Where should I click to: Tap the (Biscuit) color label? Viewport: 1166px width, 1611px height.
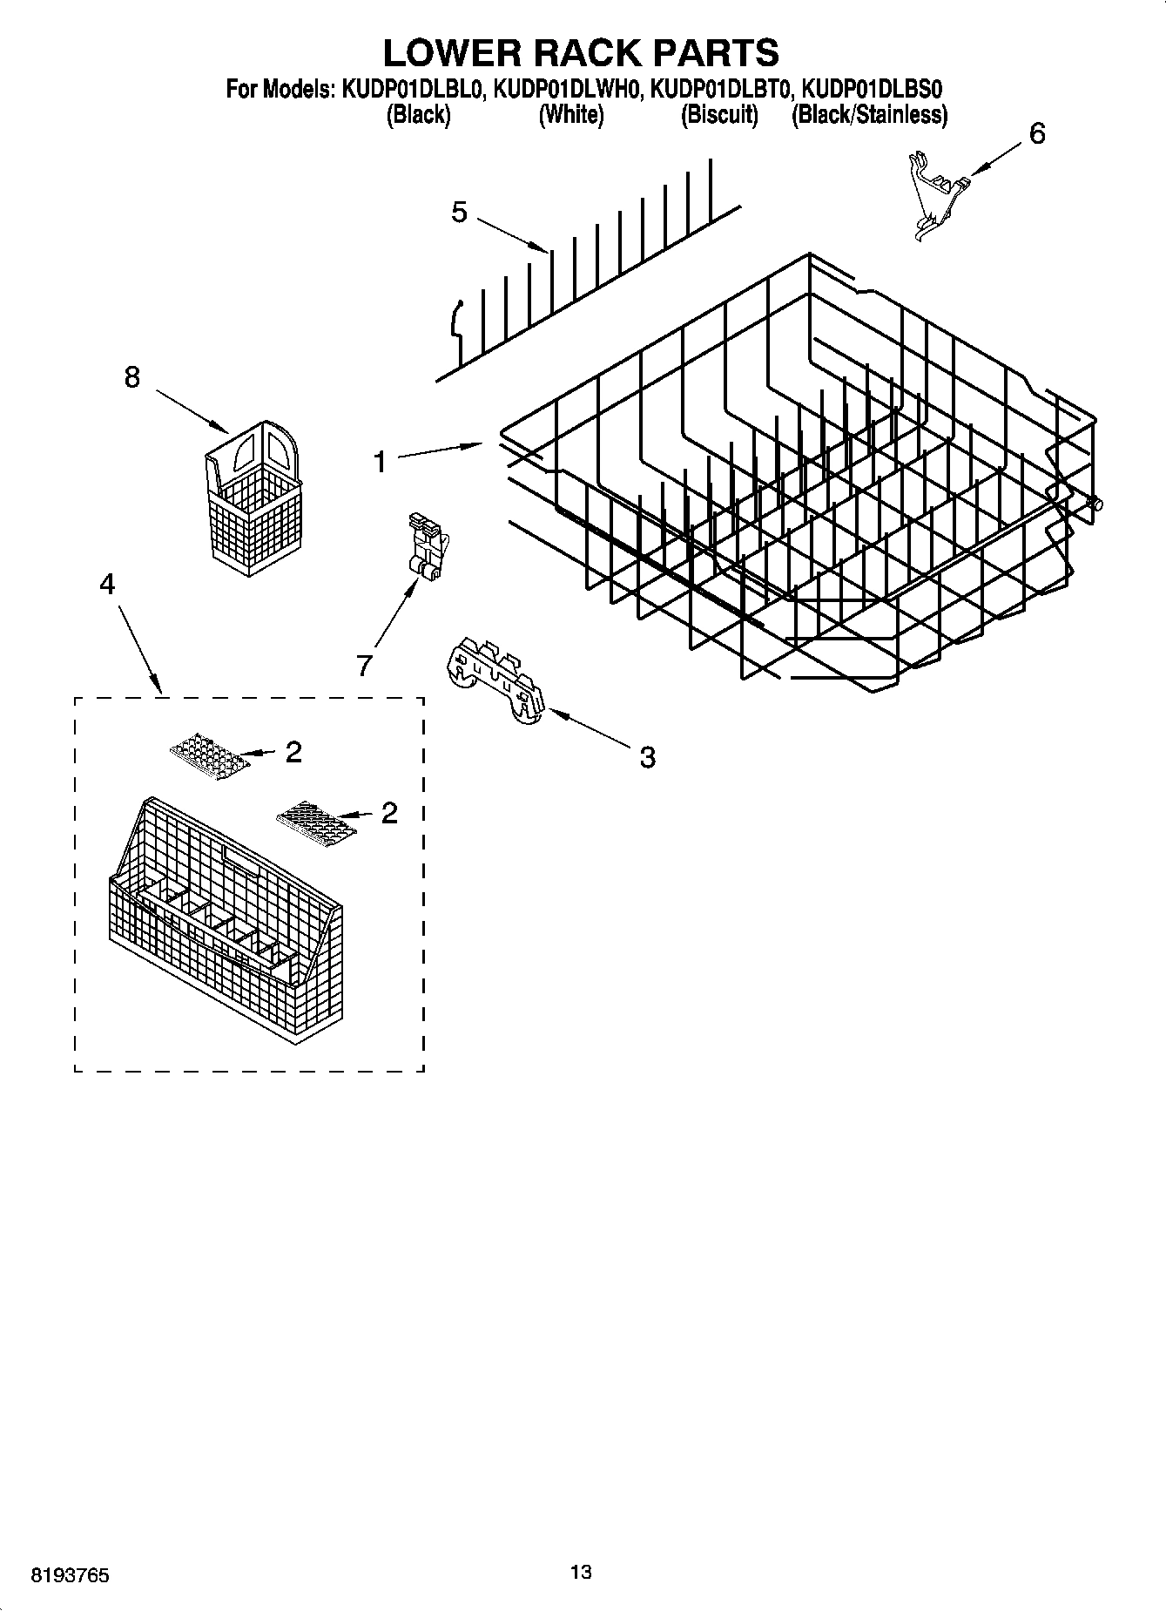coord(719,114)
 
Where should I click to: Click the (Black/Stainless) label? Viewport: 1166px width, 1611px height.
coord(869,114)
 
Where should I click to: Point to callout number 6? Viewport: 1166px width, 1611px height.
coord(1037,133)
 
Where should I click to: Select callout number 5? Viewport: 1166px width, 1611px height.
coord(459,212)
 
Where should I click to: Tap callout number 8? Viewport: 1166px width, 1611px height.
coord(131,377)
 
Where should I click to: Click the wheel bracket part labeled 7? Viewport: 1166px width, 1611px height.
coord(426,546)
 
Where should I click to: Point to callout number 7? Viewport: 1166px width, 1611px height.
coord(364,665)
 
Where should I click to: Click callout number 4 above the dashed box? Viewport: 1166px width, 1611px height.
coord(106,583)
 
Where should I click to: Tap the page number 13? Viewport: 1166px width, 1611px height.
coord(581,1572)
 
